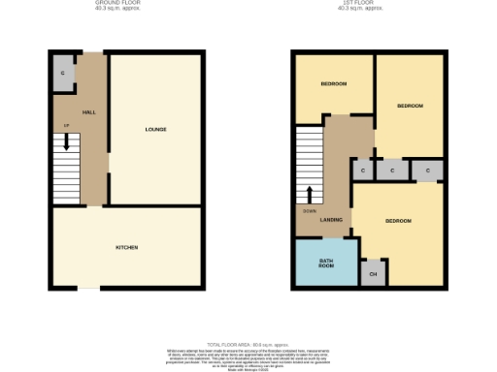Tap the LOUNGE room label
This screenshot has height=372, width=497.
155,130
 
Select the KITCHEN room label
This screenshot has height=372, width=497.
126,248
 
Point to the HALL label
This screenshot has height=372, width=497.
89,112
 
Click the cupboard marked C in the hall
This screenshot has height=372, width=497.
63,74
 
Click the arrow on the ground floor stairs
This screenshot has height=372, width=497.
67,142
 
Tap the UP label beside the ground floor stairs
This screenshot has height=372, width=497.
67,126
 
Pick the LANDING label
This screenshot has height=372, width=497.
331,221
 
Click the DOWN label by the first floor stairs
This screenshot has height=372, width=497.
309,209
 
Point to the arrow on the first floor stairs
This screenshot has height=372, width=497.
311,193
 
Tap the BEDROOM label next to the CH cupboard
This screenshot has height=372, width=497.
398,221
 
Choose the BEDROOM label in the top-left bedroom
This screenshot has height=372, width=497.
334,84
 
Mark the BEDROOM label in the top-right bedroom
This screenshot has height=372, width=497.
410,105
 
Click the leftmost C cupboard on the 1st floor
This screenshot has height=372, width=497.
362,171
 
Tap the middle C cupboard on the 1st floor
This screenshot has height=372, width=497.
392,171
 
